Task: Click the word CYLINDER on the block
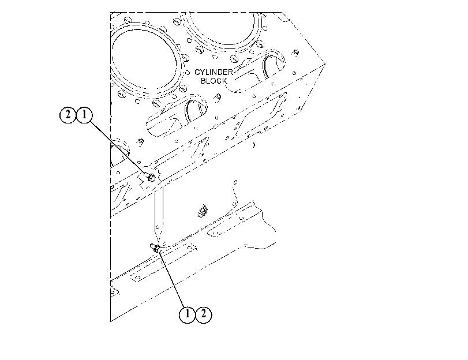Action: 214,72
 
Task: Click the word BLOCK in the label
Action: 214,81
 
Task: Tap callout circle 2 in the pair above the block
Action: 68,115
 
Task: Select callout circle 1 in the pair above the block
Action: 84,115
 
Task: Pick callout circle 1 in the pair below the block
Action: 187,314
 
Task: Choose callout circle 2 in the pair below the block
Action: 204,314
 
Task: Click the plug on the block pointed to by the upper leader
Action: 151,177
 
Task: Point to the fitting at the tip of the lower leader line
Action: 155,247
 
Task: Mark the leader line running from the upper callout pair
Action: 118,148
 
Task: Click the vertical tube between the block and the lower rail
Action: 159,215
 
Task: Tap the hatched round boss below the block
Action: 203,211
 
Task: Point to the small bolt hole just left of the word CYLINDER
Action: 188,73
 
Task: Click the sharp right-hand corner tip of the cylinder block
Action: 325,63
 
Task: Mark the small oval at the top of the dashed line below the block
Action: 235,182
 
